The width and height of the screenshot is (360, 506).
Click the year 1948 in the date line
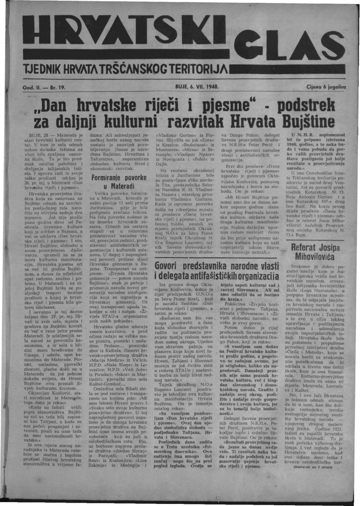[x=210, y=87]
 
